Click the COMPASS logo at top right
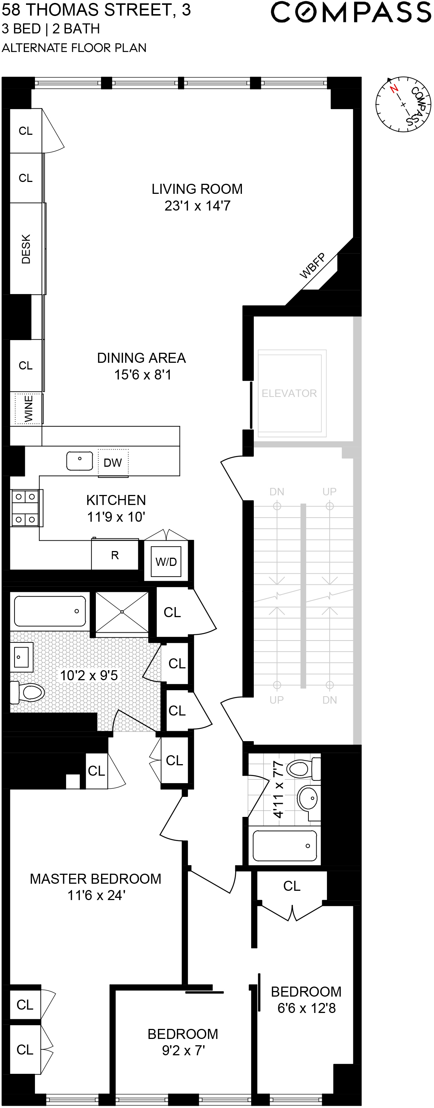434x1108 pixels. [x=350, y=13]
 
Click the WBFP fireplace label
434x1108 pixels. [x=312, y=266]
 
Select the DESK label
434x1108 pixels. [x=26, y=249]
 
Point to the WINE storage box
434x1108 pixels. [x=28, y=408]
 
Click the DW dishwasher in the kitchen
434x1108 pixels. [x=113, y=463]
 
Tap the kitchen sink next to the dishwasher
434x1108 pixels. [x=80, y=461]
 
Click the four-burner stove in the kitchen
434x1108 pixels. [x=25, y=508]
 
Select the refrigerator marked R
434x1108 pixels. [x=114, y=555]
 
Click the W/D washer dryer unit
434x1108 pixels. [x=166, y=562]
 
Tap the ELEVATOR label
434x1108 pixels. [x=289, y=393]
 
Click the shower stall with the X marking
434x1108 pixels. [x=122, y=612]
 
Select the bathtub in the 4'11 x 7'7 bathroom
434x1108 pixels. [x=285, y=845]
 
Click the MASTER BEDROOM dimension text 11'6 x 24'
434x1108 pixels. [x=96, y=895]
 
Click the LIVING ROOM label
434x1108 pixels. [x=197, y=189]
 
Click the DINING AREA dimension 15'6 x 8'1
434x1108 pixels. [x=143, y=375]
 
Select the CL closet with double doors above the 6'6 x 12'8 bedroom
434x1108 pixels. [x=291, y=886]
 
